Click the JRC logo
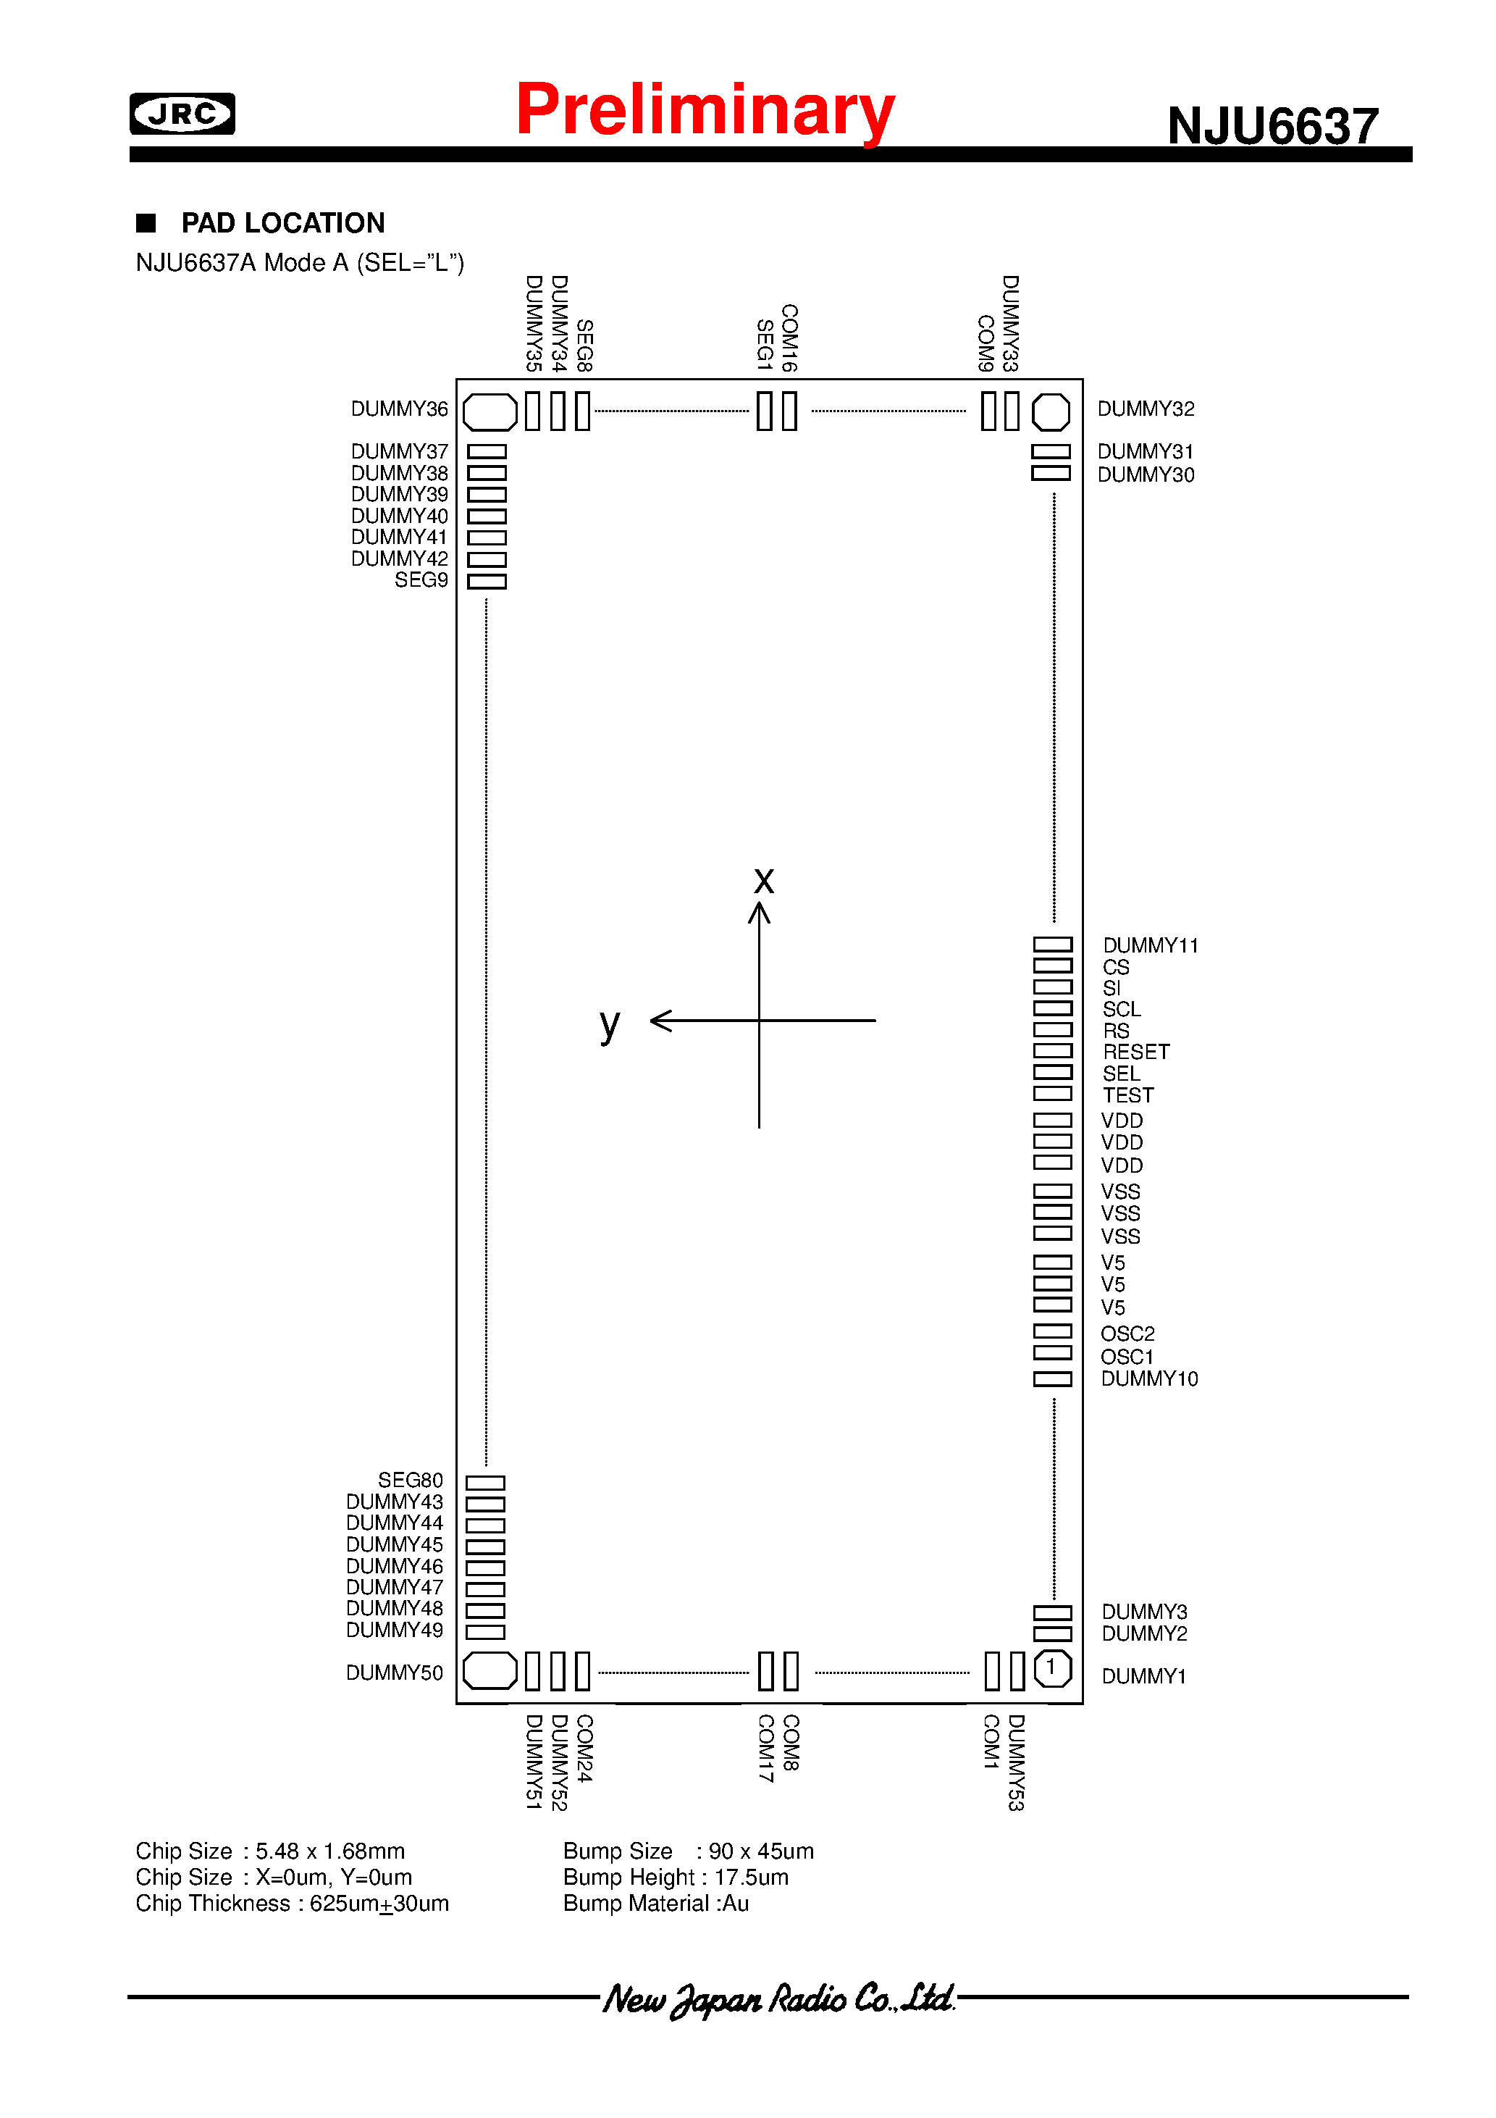click(182, 114)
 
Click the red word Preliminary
click(705, 110)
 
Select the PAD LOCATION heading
click(282, 223)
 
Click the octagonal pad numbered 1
click(1051, 1668)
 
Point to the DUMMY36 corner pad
click(489, 411)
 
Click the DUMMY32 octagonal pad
click(1051, 411)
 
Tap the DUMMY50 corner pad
click(489, 1670)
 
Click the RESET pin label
click(1135, 1052)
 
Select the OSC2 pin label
click(1127, 1334)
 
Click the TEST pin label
click(1127, 1095)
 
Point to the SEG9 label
click(421, 580)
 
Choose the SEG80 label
click(410, 1480)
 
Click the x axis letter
click(764, 881)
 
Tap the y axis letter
click(610, 1024)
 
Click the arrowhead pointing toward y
click(660, 1021)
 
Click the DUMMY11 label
click(1150, 945)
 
